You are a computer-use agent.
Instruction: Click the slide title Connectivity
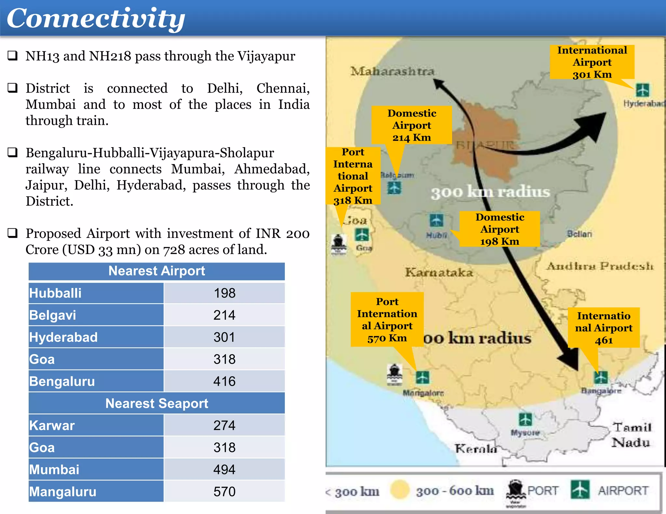click(96, 19)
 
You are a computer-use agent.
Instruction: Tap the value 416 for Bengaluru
click(224, 381)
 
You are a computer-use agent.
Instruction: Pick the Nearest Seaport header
click(157, 403)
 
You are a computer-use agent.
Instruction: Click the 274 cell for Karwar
click(224, 425)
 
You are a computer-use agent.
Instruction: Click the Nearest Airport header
click(157, 271)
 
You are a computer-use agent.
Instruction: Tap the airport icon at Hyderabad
click(642, 90)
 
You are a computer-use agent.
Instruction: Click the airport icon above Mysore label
click(526, 419)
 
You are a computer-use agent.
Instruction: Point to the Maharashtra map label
click(392, 71)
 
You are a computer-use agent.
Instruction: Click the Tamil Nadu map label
click(631, 435)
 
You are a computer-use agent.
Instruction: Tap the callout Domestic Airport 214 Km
click(412, 125)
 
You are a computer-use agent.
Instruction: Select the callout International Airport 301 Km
click(592, 62)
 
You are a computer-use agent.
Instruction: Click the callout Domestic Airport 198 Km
click(499, 229)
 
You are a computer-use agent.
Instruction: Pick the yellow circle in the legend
click(400, 489)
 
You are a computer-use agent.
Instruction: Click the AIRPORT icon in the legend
click(580, 489)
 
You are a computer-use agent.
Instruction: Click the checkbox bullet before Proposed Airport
click(12, 233)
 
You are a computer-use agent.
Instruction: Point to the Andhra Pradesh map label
click(599, 266)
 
